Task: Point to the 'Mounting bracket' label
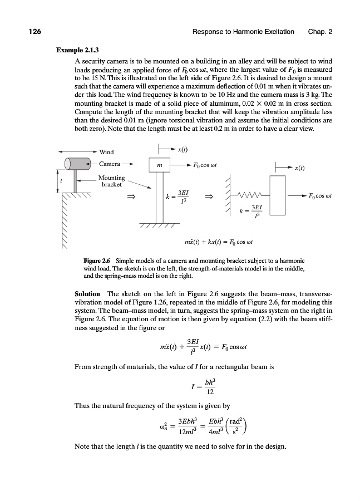(x=111, y=181)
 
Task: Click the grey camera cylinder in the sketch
(x=77, y=164)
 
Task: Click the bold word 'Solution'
(x=87, y=293)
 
